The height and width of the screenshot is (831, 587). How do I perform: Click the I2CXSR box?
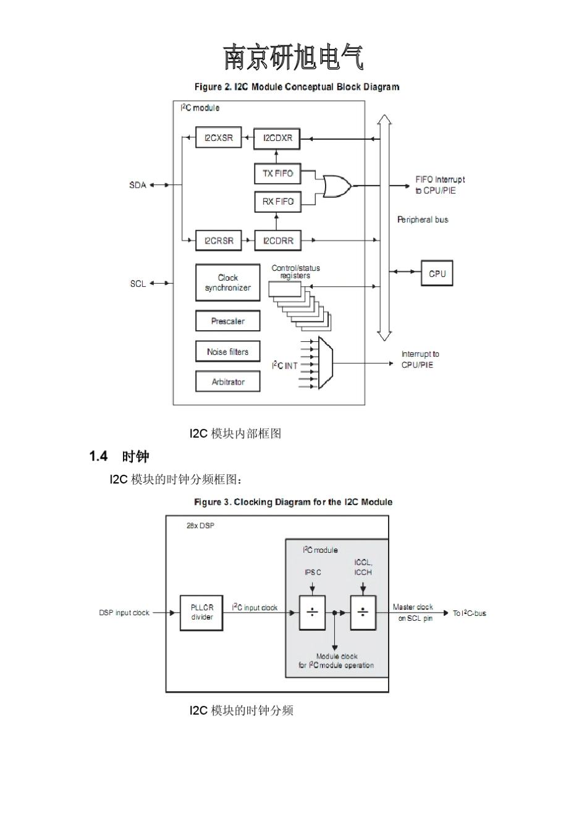218,138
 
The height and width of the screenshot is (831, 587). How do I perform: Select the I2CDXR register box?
277,138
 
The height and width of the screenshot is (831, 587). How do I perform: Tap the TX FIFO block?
277,174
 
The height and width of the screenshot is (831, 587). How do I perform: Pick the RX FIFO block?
277,202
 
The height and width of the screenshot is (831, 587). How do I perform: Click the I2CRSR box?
218,241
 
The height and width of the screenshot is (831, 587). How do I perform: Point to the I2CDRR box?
277,241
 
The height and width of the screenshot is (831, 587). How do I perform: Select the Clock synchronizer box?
227,283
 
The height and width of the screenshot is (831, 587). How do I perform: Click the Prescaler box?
227,322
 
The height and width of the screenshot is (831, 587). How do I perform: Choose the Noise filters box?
227,352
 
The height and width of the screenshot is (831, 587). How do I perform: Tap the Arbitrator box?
227,382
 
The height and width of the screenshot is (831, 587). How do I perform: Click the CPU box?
437,273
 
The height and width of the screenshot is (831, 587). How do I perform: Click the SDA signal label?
138,185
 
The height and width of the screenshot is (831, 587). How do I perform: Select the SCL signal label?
138,284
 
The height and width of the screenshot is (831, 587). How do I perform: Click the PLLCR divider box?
201,613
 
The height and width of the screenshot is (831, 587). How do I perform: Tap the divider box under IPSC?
312,613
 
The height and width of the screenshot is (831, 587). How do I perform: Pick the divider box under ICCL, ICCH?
363,613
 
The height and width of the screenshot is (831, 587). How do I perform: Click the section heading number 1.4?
98,457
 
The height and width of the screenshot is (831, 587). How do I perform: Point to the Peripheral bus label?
423,219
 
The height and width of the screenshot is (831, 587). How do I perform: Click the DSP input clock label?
124,613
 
